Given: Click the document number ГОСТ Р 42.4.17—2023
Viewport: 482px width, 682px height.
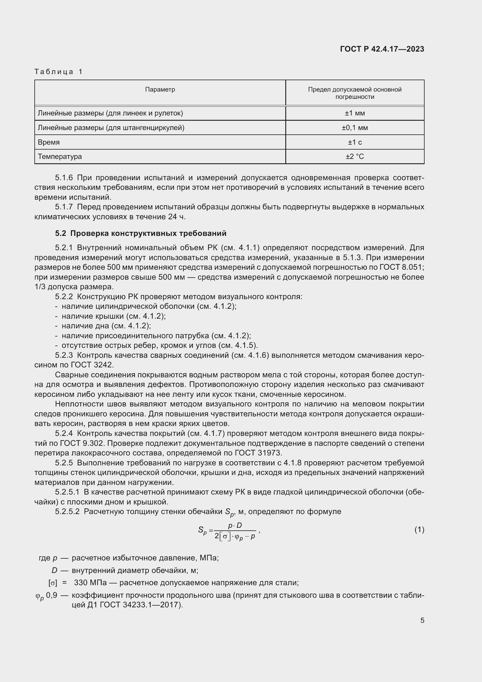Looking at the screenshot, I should (x=382, y=49).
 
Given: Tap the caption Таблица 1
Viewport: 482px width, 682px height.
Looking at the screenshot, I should (x=59, y=72).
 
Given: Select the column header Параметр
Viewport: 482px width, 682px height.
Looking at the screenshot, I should (x=160, y=90).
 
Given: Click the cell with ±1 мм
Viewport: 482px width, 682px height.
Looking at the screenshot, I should (x=355, y=113).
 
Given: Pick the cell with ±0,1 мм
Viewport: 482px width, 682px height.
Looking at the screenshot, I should (x=355, y=128).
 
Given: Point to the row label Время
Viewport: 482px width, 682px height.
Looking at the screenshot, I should (x=49, y=142).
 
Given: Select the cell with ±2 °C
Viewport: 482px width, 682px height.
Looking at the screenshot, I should (x=355, y=157).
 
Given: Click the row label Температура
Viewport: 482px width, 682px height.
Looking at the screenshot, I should (x=60, y=157).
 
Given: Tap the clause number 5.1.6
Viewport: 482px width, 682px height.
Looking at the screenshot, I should (x=64, y=178).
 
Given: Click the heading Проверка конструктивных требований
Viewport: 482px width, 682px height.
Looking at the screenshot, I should (x=148, y=233).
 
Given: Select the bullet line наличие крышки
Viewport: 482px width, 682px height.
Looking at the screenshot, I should (x=114, y=316).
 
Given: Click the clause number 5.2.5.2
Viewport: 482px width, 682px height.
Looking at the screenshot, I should (x=67, y=511).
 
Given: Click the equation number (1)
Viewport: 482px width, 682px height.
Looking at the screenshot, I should (x=419, y=530).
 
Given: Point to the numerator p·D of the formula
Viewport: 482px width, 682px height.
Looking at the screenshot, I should (x=235, y=525).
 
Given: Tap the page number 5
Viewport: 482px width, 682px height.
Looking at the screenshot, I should (x=422, y=620).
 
